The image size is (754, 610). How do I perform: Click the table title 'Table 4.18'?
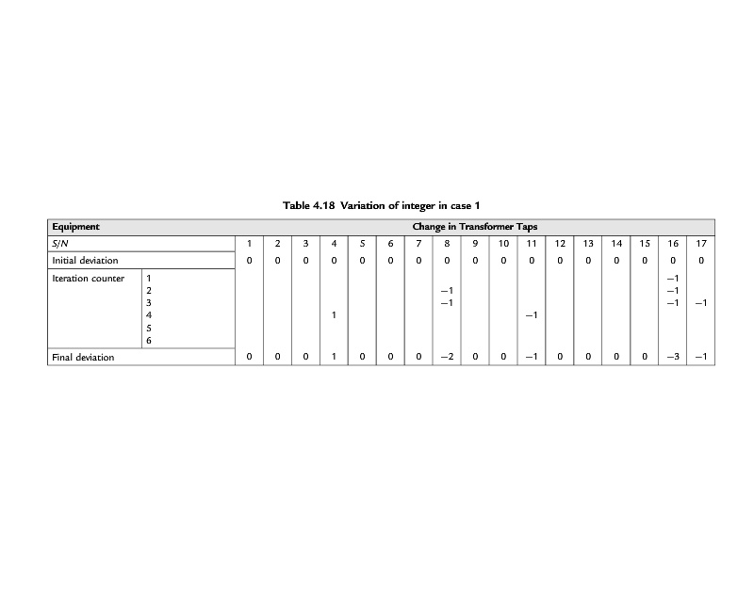tap(309, 205)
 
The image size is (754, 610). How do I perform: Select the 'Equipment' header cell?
tap(75, 227)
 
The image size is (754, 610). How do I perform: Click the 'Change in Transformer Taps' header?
tap(474, 227)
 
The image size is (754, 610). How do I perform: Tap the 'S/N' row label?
tap(60, 244)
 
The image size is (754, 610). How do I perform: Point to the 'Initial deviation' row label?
tap(85, 261)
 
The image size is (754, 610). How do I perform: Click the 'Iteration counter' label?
tap(89, 279)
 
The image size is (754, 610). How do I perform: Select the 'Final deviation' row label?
tap(83, 358)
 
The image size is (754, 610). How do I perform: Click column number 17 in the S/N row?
tap(701, 244)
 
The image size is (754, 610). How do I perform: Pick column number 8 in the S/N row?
tap(447, 244)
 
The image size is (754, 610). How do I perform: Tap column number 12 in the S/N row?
tap(560, 244)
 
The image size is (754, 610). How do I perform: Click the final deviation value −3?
tap(672, 358)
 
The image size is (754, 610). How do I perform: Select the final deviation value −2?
tap(447, 358)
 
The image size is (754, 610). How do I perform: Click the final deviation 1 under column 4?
tap(335, 358)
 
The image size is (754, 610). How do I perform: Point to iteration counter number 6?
tap(149, 340)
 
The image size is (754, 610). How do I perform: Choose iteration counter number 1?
tap(149, 279)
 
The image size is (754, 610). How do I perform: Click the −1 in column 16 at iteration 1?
tap(672, 279)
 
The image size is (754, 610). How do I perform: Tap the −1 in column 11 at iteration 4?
tap(532, 315)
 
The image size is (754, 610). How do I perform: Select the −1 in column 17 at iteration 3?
tap(701, 303)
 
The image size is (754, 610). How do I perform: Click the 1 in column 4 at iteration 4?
tap(335, 315)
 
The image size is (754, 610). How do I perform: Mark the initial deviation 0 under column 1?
tap(250, 261)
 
